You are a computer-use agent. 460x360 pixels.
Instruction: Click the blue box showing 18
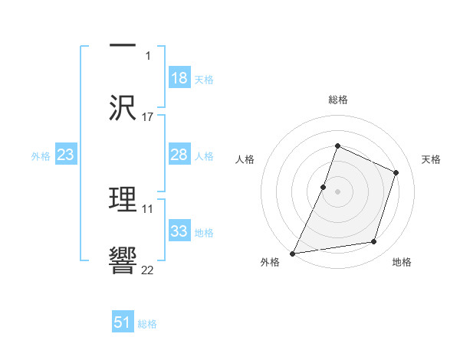coord(179,78)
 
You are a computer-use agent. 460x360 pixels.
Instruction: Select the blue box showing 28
coord(179,155)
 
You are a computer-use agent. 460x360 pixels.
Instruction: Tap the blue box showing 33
coord(179,231)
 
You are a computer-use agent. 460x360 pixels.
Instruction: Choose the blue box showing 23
coord(66,155)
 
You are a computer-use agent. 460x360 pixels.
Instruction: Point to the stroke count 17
coord(148,117)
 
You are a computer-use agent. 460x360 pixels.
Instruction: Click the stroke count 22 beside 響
coord(148,271)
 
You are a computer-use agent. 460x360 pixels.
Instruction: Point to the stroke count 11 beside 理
coord(148,208)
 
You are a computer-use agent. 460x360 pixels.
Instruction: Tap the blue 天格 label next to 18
coord(204,79)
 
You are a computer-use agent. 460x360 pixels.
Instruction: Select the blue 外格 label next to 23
coord(41,155)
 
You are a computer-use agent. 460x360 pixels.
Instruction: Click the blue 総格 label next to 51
coord(147,323)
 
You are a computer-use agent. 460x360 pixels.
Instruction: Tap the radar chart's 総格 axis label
coord(337,100)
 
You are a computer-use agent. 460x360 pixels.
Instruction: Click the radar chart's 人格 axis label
coord(245,159)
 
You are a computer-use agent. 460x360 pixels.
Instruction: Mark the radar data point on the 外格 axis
coord(293,253)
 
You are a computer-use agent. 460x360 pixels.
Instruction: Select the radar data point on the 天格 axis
coord(396,172)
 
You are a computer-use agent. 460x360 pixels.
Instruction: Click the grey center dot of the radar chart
coord(337,191)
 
